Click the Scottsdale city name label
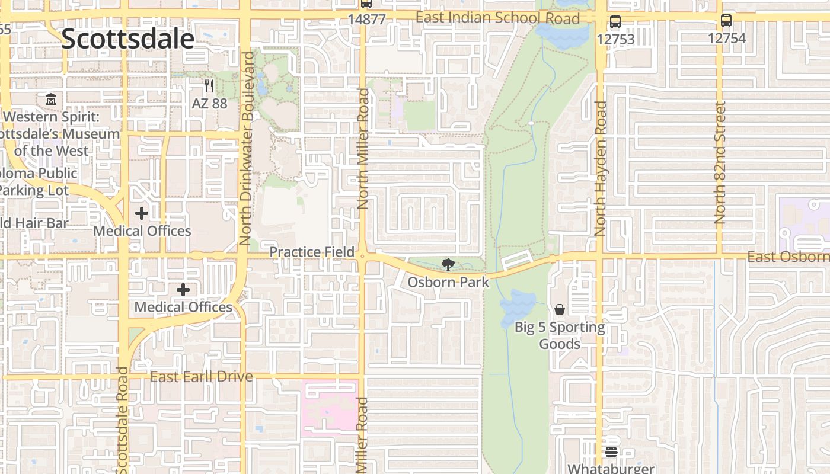point(127,39)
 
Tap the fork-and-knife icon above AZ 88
point(209,87)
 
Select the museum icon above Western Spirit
point(51,99)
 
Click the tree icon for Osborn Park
point(448,265)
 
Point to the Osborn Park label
point(448,282)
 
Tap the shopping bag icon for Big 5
point(559,309)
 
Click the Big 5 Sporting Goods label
point(560,335)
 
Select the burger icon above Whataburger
point(611,452)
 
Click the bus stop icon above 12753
point(615,23)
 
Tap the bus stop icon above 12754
point(726,21)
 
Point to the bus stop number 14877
point(366,19)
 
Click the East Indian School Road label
point(497,18)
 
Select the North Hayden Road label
point(601,169)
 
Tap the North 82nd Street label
point(720,163)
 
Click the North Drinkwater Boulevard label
point(247,148)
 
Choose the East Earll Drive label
point(202,377)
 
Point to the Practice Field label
point(312,252)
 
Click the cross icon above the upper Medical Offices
point(142,213)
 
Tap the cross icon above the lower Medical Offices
point(183,290)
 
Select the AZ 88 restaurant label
point(209,103)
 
